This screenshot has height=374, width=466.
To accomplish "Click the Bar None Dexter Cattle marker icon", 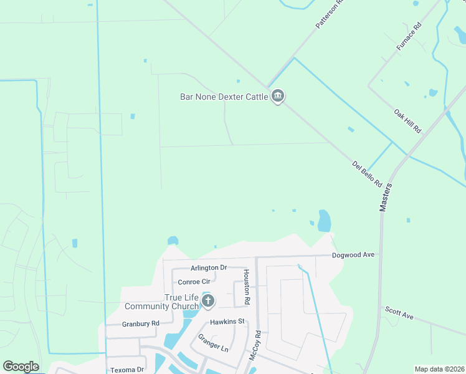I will pyautogui.click(x=278, y=97).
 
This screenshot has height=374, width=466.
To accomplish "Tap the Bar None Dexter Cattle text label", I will pyautogui.click(x=224, y=97).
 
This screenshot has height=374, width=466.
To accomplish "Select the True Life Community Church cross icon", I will pyautogui.click(x=208, y=302).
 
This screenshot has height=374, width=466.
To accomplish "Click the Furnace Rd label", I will pyautogui.click(x=409, y=37).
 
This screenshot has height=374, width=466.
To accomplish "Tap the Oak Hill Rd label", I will pyautogui.click(x=408, y=121).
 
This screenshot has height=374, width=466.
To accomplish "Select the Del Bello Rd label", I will pyautogui.click(x=367, y=175).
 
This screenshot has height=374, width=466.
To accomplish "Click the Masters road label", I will pyautogui.click(x=386, y=197).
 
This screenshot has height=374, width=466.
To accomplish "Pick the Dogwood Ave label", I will pyautogui.click(x=353, y=255).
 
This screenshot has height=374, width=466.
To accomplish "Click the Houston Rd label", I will pyautogui.click(x=247, y=287).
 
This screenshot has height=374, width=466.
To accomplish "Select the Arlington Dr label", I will pyautogui.click(x=209, y=267).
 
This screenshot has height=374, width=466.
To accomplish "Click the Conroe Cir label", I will pyautogui.click(x=196, y=282).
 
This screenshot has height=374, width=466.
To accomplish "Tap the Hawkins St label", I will pyautogui.click(x=229, y=322).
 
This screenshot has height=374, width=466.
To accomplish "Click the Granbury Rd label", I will pyautogui.click(x=141, y=324).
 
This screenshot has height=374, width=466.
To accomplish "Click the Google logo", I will pyautogui.click(x=21, y=367).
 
